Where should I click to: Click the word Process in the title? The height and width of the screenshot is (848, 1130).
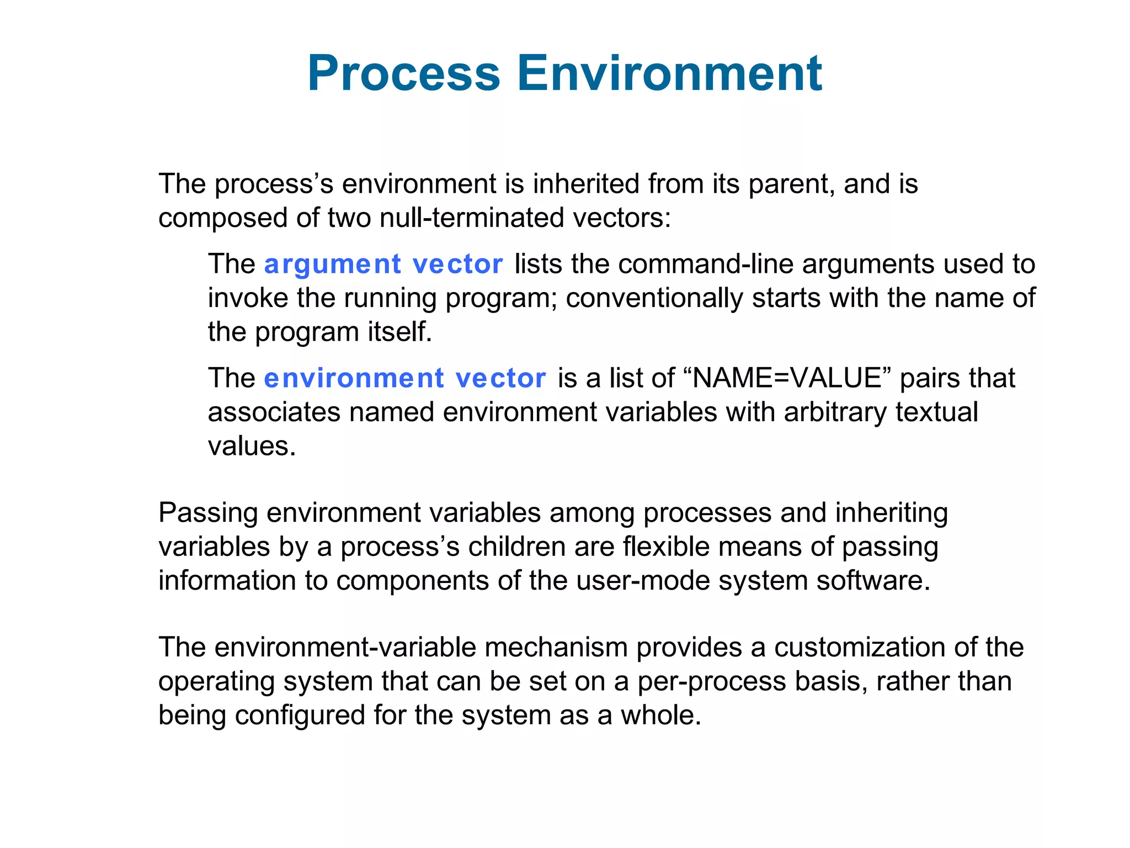(404, 73)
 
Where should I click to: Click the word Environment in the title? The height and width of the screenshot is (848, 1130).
(669, 73)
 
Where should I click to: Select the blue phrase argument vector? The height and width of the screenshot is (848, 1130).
(383, 264)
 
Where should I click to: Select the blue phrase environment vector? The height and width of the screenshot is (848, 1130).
(405, 379)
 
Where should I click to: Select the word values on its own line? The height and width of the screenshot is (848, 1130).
(252, 446)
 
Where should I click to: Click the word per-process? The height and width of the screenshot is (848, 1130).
(712, 682)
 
